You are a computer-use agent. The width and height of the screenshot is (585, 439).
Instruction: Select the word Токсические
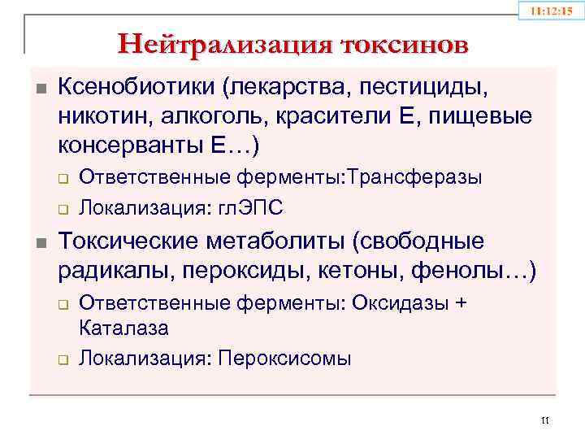click(146, 241)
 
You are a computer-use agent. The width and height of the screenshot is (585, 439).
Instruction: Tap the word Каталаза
click(123, 328)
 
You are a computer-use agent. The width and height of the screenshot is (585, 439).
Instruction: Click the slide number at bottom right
click(544, 419)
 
